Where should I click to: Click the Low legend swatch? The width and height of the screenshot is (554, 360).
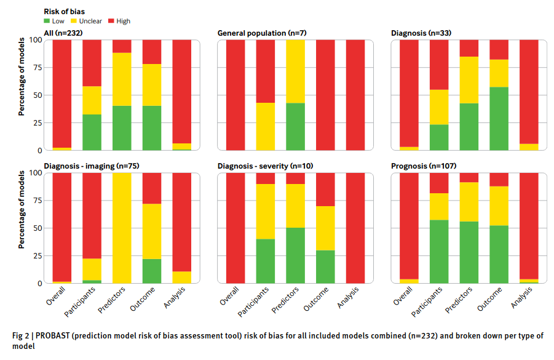(47, 21)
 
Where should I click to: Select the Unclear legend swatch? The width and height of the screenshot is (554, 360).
(75, 21)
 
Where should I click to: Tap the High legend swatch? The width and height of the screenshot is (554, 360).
(111, 21)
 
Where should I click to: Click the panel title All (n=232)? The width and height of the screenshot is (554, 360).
(63, 32)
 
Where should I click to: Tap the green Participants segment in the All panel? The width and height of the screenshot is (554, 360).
(92, 132)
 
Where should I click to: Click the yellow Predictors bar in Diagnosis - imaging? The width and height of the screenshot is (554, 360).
(122, 228)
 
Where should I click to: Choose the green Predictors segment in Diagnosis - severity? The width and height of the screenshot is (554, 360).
(296, 255)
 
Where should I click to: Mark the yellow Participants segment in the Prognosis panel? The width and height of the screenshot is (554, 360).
(439, 206)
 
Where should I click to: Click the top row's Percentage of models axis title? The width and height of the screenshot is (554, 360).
(21, 77)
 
